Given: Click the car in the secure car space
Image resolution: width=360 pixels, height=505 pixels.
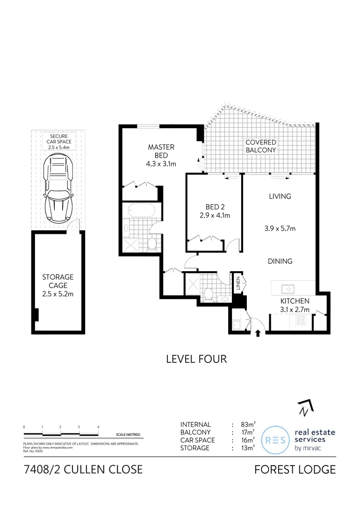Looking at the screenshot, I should tap(58, 189).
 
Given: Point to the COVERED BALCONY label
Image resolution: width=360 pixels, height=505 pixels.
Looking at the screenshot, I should tap(261, 146).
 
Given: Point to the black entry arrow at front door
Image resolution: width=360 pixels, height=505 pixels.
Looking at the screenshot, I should tap(258, 333).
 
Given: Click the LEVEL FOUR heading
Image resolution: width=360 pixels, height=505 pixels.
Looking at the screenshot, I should tap(196, 359).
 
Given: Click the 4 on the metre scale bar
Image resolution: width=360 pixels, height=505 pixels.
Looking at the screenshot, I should tap(98, 427).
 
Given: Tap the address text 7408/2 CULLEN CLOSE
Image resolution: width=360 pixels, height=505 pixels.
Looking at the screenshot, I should tap(83, 469).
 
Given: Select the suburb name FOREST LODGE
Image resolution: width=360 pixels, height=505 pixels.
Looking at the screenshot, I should tap(295, 469).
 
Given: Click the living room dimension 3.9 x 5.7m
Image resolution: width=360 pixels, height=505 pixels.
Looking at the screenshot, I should tap(280, 229).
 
